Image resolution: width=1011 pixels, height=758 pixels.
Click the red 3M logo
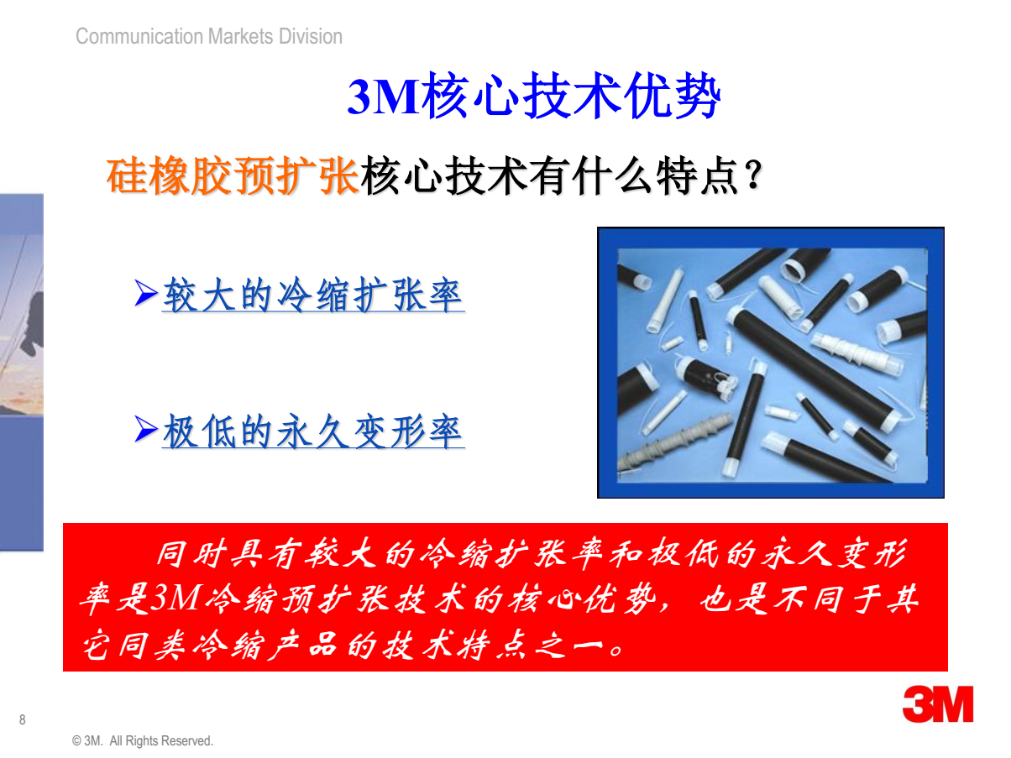(937, 704)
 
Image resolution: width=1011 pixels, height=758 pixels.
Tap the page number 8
(22, 719)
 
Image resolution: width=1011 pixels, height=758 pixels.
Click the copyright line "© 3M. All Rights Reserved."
(142, 740)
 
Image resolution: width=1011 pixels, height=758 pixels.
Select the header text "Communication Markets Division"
(208, 36)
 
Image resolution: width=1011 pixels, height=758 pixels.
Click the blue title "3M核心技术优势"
(533, 95)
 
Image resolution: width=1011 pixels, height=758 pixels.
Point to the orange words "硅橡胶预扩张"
(233, 175)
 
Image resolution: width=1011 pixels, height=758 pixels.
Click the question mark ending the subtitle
(754, 175)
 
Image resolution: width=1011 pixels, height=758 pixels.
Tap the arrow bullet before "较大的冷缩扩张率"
(146, 293)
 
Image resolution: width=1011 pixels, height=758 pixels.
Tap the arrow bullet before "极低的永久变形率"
(146, 428)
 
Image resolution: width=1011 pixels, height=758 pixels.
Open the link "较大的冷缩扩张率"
(312, 295)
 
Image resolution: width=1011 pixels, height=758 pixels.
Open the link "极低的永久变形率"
(312, 431)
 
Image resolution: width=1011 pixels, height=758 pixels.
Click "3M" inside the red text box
(176, 598)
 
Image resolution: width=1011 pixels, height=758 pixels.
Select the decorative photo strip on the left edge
(22, 372)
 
